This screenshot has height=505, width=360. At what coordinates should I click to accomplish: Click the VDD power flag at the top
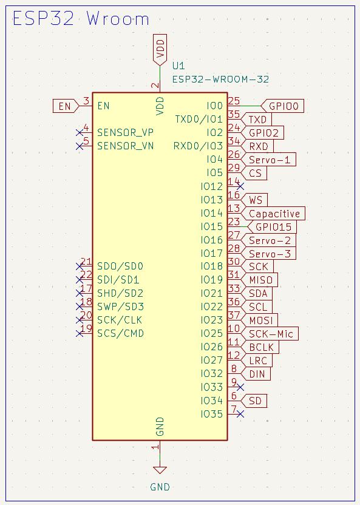coord(160,49)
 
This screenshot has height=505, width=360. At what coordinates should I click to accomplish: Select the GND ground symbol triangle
coord(160,470)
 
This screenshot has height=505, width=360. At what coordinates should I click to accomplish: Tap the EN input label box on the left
coord(66,106)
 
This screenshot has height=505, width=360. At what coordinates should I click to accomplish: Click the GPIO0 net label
coord(282,106)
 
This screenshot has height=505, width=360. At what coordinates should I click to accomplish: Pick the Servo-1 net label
coord(268,160)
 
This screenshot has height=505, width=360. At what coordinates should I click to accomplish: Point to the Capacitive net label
coord(273,213)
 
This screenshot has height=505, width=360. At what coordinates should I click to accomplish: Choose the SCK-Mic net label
coord(270,334)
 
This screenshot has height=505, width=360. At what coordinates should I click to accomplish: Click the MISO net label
coord(259,280)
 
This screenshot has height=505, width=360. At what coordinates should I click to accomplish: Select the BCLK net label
coord(260,347)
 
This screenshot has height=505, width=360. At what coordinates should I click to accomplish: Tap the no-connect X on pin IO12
coord(240,186)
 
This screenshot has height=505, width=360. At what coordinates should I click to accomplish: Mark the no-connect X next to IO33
coord(240,387)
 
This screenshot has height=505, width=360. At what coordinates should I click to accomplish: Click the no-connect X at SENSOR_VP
coord(80,133)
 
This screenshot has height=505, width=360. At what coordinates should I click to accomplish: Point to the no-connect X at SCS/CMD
coord(80,334)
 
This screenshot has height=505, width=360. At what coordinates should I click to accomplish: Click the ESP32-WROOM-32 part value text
coord(220,80)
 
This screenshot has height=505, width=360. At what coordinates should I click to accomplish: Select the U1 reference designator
coord(178,66)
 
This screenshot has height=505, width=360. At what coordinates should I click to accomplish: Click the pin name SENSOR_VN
coord(126,146)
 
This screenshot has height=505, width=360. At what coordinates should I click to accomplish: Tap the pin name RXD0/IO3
coord(198,146)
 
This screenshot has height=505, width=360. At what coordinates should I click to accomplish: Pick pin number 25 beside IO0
coord(234,101)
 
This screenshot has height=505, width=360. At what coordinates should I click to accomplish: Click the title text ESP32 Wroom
coord(81,19)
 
